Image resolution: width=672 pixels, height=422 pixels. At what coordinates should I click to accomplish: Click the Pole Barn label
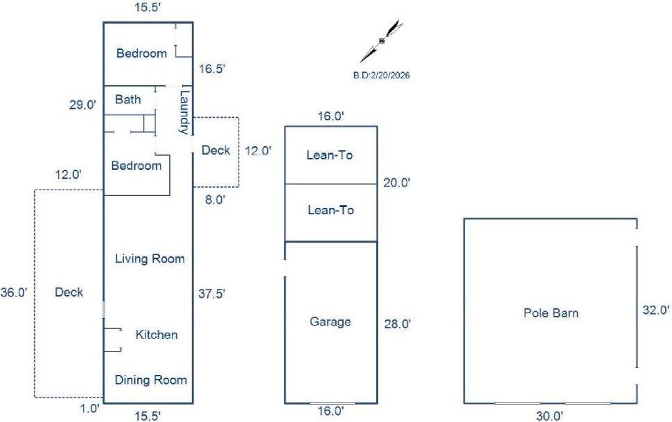(551, 313)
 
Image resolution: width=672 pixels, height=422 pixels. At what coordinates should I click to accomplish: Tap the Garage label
(330, 322)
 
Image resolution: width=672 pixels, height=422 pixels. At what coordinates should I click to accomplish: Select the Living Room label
(150, 259)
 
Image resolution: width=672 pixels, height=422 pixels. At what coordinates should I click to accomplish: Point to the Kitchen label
(157, 335)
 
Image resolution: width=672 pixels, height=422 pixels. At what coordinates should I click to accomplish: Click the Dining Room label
(151, 380)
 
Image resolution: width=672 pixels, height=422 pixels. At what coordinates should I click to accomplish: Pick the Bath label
(127, 100)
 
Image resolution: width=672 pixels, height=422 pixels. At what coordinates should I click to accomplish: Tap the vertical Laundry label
(184, 112)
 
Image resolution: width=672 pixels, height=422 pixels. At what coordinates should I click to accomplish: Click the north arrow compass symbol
(382, 41)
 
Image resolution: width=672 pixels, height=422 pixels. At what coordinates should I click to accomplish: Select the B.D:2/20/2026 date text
(382, 76)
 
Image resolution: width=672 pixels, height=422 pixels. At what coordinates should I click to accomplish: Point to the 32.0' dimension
(655, 310)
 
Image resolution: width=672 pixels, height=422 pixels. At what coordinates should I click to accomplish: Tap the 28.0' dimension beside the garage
(397, 324)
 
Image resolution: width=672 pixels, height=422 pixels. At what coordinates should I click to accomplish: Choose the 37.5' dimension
(212, 294)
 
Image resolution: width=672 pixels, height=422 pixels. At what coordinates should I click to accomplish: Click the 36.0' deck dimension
(14, 292)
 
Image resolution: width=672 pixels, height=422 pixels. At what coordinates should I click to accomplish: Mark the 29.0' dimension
(82, 105)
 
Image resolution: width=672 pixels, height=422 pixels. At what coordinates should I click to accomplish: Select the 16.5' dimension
(212, 69)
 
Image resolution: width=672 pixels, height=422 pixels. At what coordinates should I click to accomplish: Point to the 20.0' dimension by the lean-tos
(397, 183)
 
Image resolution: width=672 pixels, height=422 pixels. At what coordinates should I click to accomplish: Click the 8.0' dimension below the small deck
(215, 200)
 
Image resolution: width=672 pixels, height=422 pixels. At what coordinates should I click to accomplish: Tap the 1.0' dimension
(90, 409)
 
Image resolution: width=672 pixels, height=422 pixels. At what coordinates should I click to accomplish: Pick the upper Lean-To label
(330, 155)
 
